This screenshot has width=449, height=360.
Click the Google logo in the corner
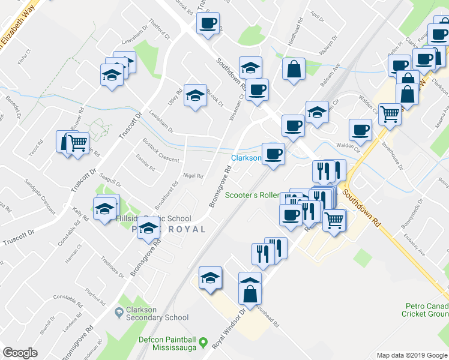coord(20,353)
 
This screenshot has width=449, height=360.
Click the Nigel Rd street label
coord(193,176)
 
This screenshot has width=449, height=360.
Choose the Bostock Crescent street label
coord(161,151)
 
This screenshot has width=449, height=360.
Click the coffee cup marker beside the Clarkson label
coord(273,154)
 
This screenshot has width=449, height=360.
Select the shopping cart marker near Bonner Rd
coord(77,143)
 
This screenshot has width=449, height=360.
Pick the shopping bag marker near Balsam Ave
coord(294,68)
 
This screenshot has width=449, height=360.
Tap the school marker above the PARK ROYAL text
coord(148,227)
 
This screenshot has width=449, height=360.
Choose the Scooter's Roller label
coord(252,195)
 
